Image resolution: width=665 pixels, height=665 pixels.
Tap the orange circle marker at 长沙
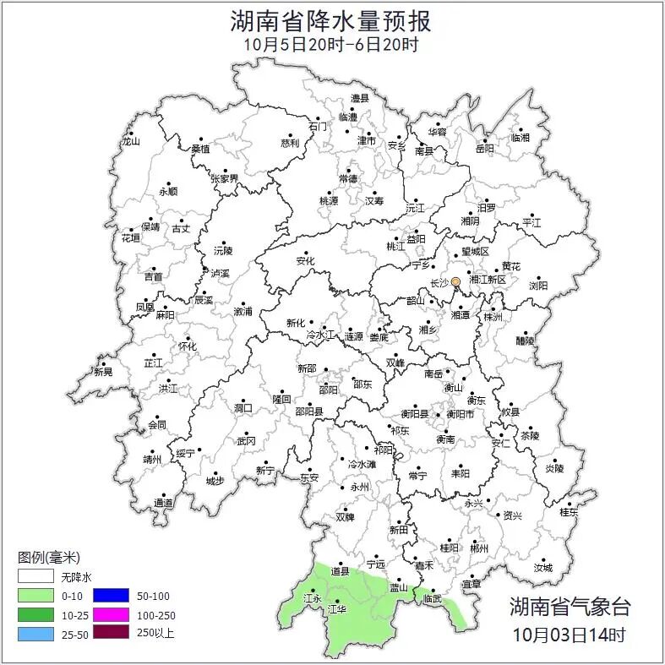pyautogui.click(x=455, y=281)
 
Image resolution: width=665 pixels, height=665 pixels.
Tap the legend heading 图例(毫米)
pyautogui.click(x=48, y=558)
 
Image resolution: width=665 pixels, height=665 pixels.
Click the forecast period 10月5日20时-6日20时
pyautogui.click(x=332, y=45)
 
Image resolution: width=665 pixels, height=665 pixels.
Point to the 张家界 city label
pyautogui.click(x=225, y=178)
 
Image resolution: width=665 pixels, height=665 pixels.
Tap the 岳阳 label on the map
pyautogui.click(x=485, y=149)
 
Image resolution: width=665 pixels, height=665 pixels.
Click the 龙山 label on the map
pyautogui.click(x=130, y=141)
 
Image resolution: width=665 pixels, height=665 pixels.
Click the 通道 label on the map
pyautogui.click(x=164, y=503)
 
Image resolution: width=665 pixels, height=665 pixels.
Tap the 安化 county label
pyautogui.click(x=305, y=261)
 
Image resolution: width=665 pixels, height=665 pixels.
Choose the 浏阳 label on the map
pyautogui.click(x=538, y=286)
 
